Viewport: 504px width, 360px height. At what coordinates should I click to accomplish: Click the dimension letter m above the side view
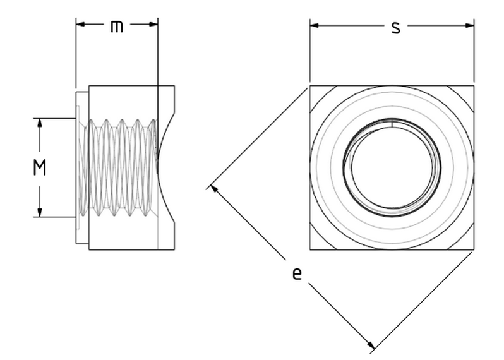[x=117, y=27]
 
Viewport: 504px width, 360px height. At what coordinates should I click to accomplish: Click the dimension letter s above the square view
[x=395, y=27]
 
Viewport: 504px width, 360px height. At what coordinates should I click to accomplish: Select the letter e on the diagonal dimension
[x=296, y=274]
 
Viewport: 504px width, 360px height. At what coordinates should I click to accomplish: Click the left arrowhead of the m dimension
[x=80, y=25]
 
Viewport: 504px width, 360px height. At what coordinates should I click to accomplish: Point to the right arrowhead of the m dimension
[x=154, y=25]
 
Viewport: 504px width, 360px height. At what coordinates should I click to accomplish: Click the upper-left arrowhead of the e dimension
[x=214, y=188]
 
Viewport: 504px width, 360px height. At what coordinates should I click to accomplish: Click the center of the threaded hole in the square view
[x=392, y=167]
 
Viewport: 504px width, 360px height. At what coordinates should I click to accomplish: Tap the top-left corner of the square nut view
[x=310, y=85]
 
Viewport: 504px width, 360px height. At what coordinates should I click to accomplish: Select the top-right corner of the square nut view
[x=473, y=85]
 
